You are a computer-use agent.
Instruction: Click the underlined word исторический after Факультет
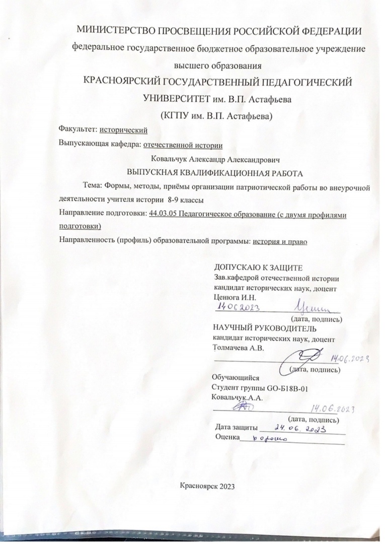[x=124, y=129]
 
